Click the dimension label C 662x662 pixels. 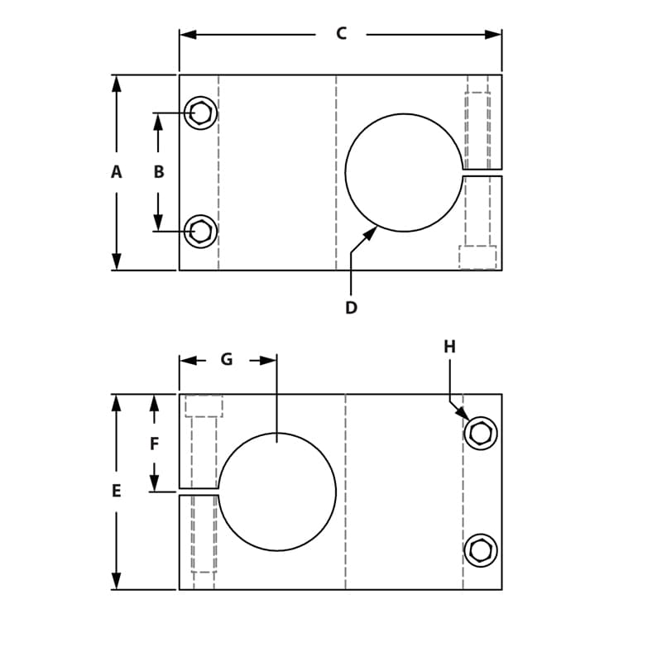(x=341, y=34)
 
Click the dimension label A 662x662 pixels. (x=116, y=172)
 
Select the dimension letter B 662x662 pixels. (x=159, y=172)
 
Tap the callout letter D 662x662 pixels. (x=351, y=308)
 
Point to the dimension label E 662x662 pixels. (x=116, y=492)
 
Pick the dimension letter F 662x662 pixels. (x=154, y=444)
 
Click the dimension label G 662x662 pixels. (x=227, y=360)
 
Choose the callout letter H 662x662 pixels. (x=449, y=347)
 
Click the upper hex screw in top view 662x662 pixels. (x=200, y=113)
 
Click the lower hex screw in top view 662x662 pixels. (x=200, y=231)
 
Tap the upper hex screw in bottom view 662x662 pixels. (x=481, y=433)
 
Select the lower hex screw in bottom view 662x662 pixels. (x=481, y=550)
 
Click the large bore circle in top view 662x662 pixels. (x=404, y=172)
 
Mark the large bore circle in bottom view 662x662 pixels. (x=277, y=492)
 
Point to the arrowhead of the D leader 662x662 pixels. (x=371, y=233)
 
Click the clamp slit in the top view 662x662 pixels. (x=482, y=172)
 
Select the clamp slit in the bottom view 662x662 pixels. (x=199, y=492)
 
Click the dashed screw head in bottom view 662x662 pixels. (x=204, y=405)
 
